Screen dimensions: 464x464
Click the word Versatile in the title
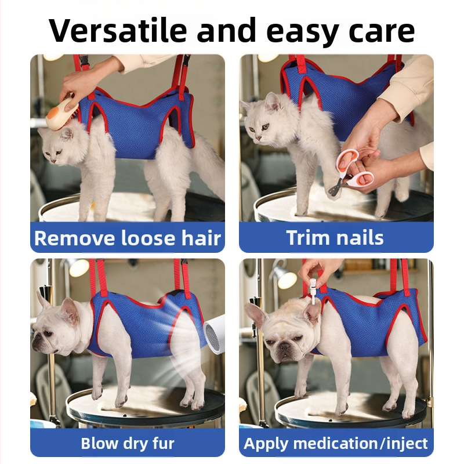tap(118, 31)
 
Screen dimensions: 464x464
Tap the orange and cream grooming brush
tap(63, 113)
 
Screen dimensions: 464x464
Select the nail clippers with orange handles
tap(351, 173)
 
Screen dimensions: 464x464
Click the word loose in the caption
tap(148, 238)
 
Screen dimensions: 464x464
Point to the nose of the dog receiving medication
tap(284, 346)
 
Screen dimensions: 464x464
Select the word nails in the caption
tap(358, 237)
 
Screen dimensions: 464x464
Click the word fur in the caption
tap(164, 443)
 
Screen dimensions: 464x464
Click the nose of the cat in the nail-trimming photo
tap(259, 137)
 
